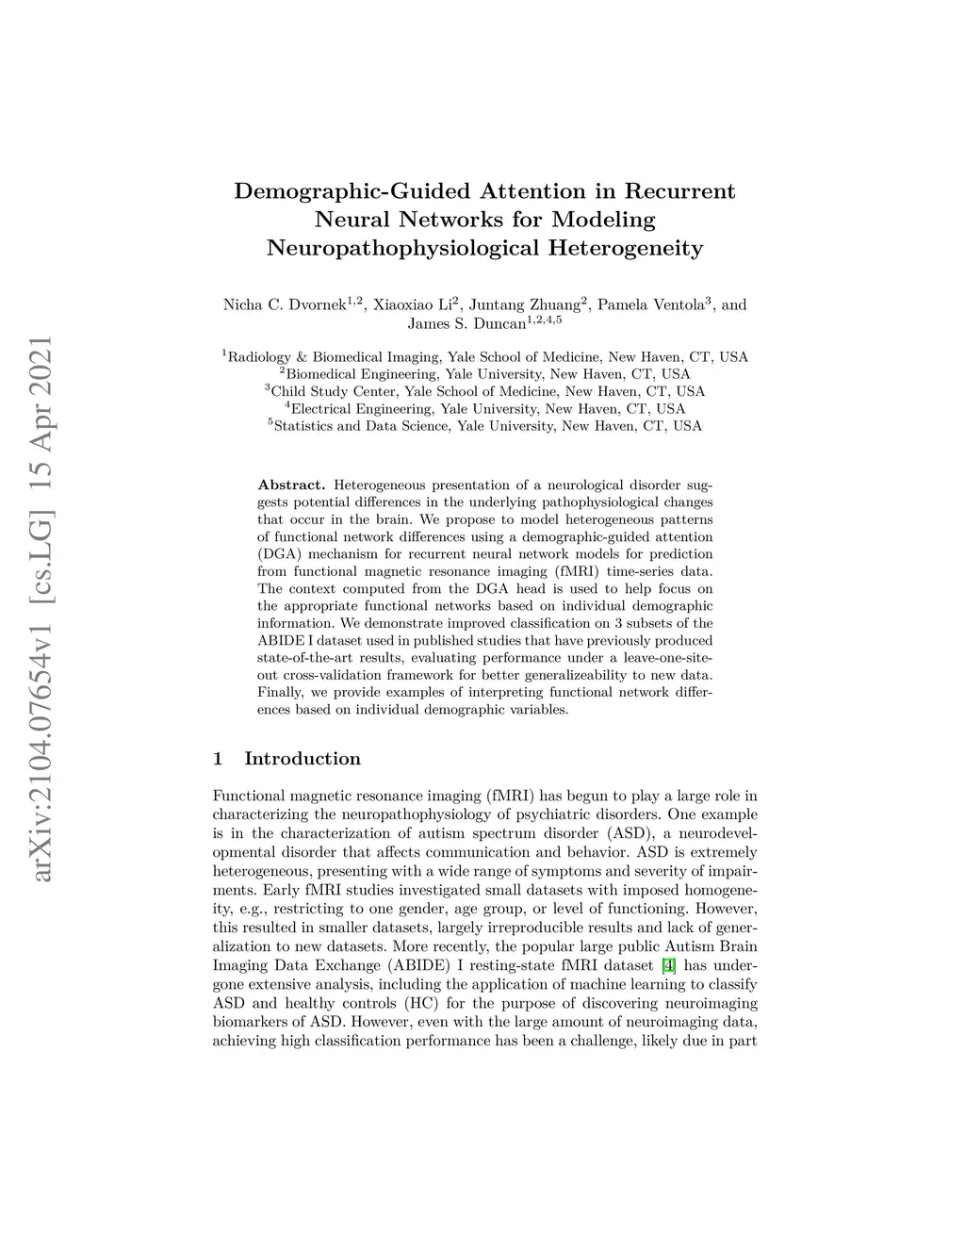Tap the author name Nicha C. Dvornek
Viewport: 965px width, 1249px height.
click(284, 305)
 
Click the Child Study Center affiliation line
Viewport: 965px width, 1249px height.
click(484, 391)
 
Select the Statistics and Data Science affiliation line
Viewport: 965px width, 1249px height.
click(484, 426)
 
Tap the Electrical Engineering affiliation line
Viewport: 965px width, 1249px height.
click(484, 409)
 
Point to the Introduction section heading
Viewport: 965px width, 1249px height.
click(302, 759)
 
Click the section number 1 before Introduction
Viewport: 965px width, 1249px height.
click(218, 759)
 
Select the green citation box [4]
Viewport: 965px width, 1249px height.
click(668, 965)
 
